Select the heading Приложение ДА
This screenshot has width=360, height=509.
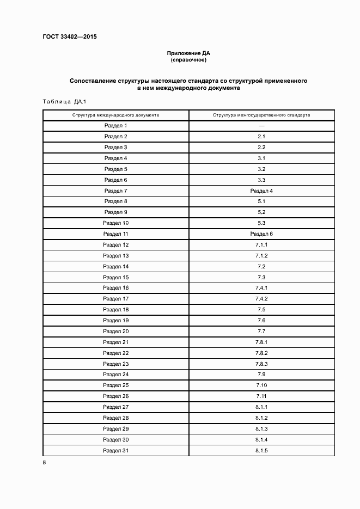click(188, 53)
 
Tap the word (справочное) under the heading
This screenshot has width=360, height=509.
click(188, 60)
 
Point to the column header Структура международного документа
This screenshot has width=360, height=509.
click(115, 115)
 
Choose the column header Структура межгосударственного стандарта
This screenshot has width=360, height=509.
click(261, 115)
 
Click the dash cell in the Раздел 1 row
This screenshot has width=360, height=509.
click(261, 126)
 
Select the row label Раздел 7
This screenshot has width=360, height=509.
click(115, 191)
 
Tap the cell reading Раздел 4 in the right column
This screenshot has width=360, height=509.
click(261, 191)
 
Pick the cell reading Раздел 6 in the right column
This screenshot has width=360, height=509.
click(261, 234)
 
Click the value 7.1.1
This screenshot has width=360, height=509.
click(261, 244)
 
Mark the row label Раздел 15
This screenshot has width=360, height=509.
click(115, 277)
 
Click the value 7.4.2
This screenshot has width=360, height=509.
click(261, 299)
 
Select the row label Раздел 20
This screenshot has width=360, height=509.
click(115, 331)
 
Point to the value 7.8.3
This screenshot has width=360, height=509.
click(261, 364)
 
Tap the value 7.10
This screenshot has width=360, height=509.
click(261, 385)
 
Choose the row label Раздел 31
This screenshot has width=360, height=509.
click(115, 450)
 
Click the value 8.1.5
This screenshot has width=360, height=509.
click(261, 450)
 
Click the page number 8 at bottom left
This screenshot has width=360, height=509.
click(44, 463)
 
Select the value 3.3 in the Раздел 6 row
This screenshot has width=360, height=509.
click(261, 180)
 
